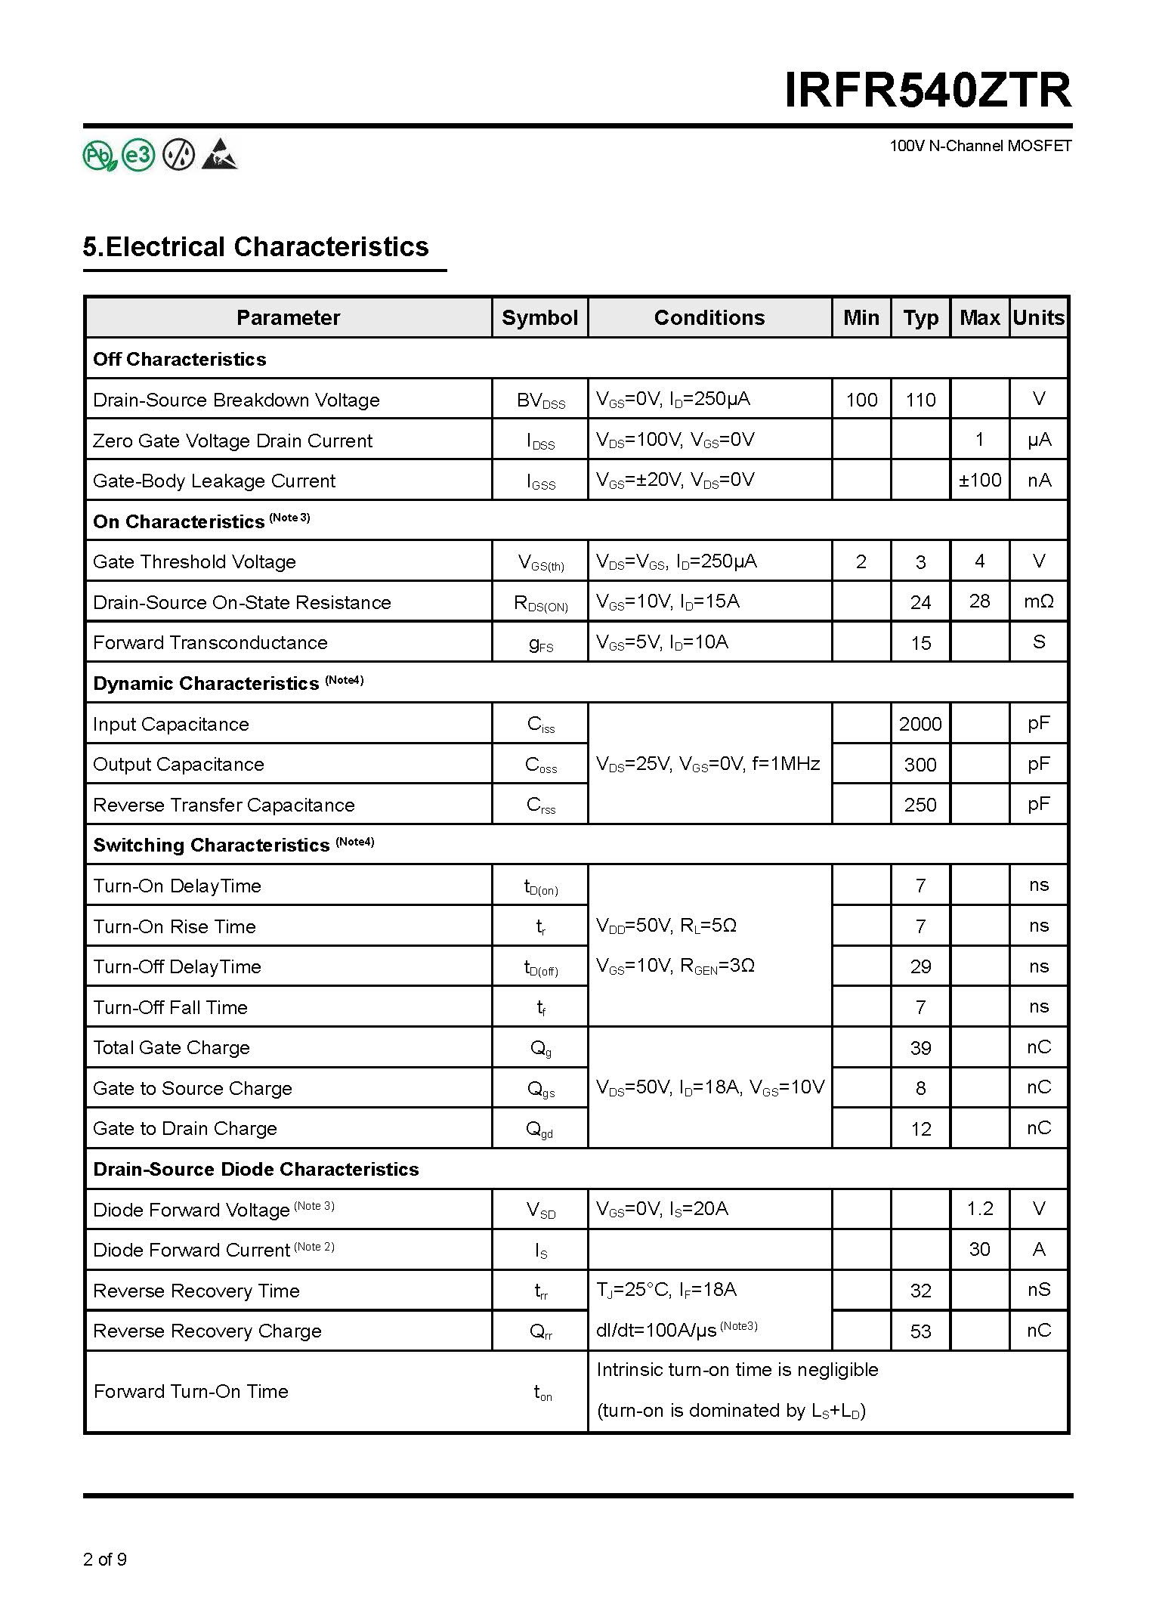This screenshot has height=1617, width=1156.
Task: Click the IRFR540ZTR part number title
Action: [928, 91]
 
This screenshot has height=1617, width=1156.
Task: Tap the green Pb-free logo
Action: [99, 156]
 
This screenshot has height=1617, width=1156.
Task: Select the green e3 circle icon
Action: [139, 155]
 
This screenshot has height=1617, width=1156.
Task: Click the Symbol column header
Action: [539, 317]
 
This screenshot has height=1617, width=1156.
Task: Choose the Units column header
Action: [1039, 317]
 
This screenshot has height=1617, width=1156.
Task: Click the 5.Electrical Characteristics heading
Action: [256, 247]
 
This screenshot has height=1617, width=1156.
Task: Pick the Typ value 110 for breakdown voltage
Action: [920, 400]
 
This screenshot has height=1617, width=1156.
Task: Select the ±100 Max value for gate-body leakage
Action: [979, 480]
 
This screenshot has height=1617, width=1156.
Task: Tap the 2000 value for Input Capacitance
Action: [920, 724]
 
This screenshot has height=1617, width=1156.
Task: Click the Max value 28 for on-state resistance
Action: [979, 601]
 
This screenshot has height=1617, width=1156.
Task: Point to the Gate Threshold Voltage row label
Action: [194, 561]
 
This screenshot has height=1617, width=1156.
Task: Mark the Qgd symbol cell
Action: [539, 1129]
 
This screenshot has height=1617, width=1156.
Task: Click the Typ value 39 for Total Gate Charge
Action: [920, 1048]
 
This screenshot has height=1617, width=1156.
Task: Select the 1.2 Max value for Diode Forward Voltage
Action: [979, 1209]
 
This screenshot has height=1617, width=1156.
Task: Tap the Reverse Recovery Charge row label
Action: [207, 1331]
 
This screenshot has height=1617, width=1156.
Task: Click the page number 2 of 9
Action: [105, 1559]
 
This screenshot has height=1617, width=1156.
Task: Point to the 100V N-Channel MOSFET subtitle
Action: [980, 146]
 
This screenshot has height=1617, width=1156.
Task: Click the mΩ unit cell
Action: [1039, 601]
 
